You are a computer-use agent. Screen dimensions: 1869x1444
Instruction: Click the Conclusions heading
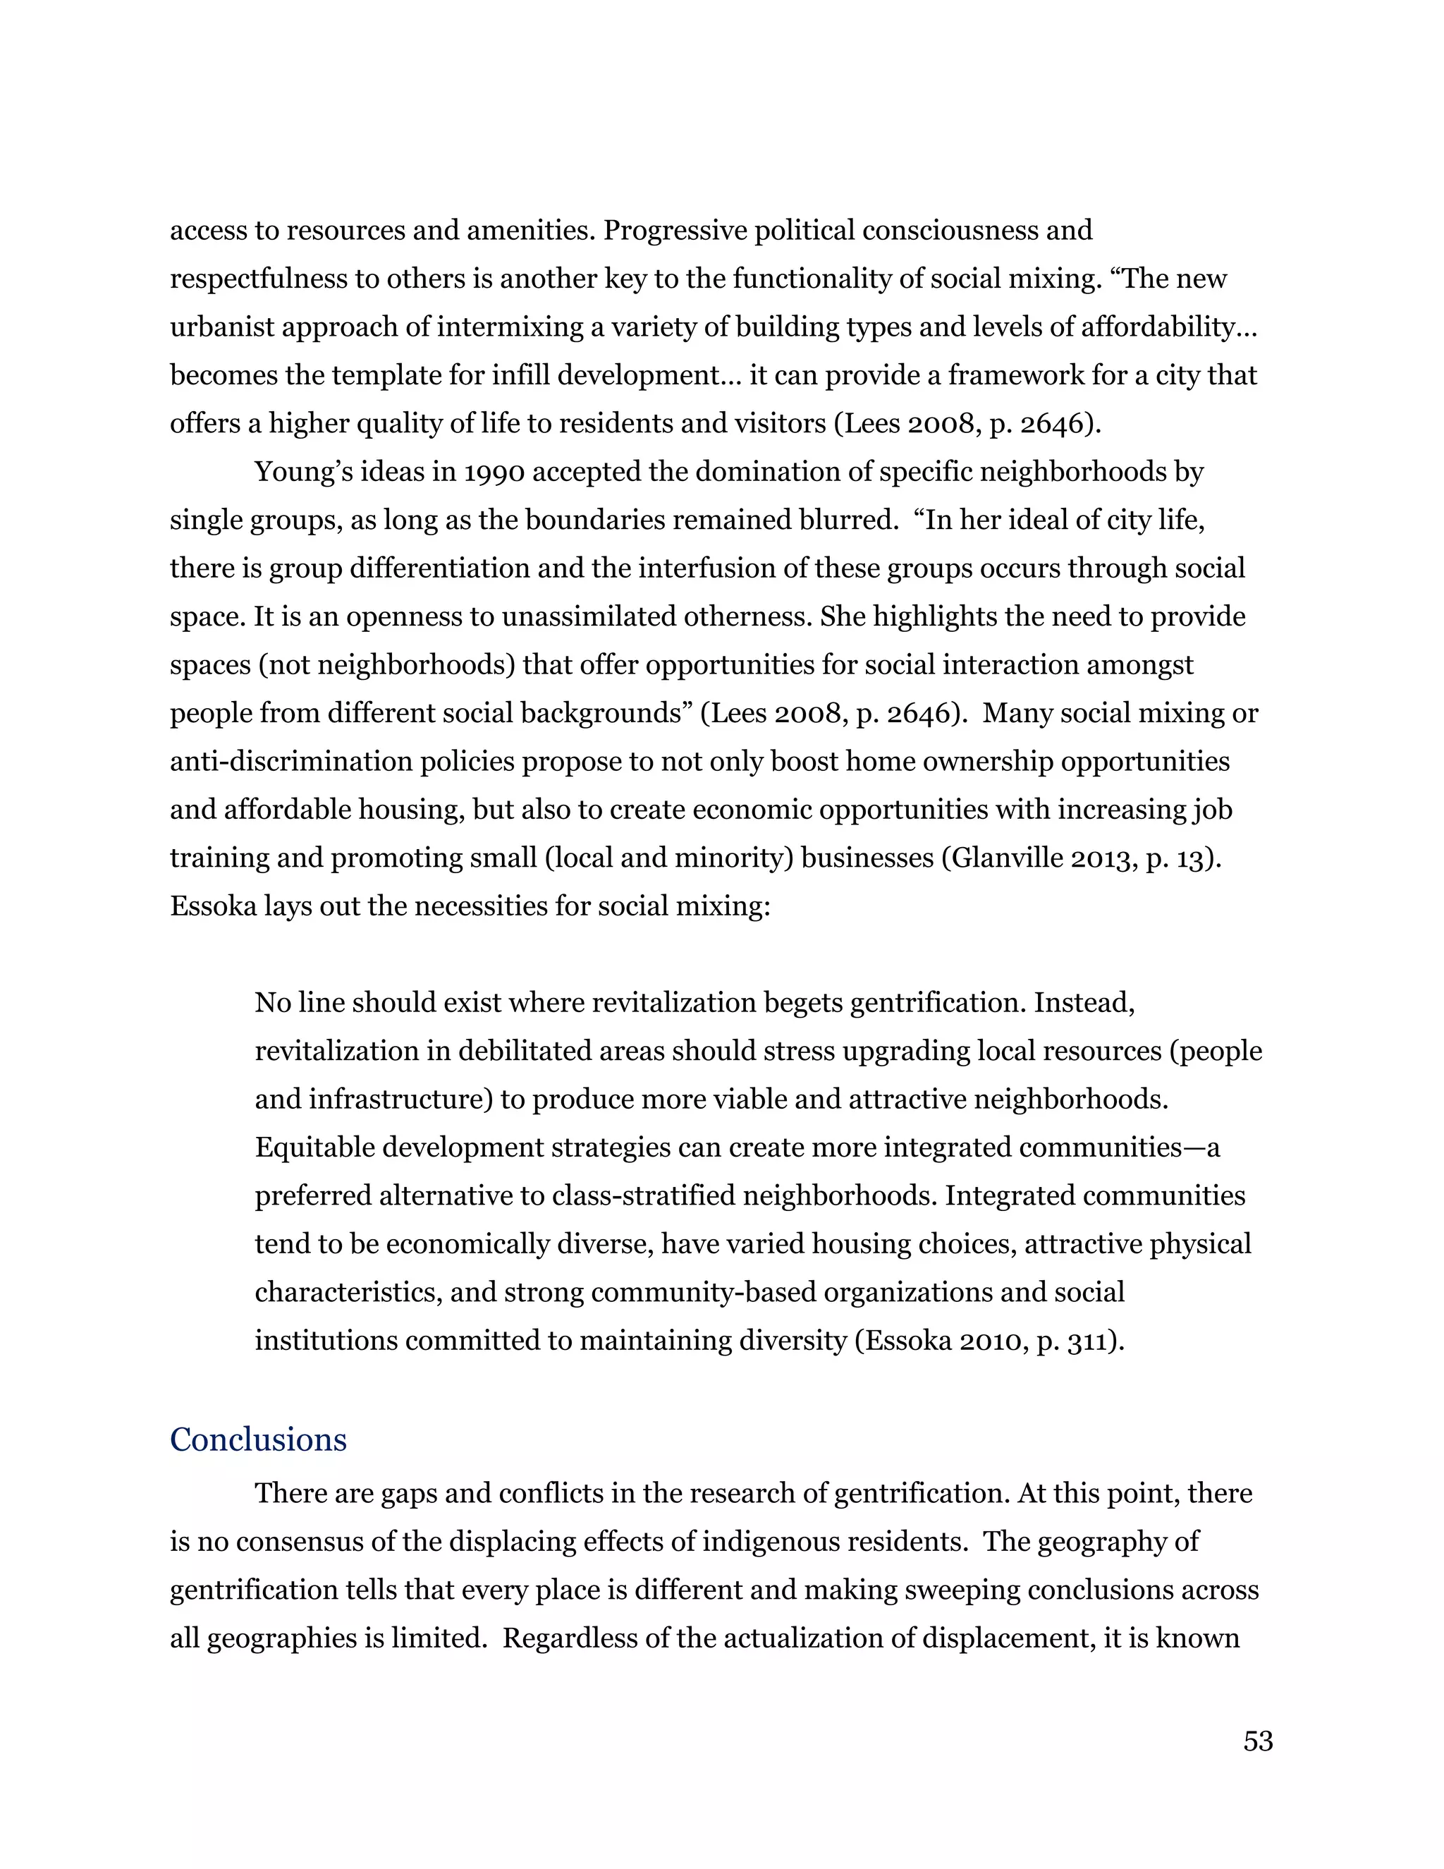258,1440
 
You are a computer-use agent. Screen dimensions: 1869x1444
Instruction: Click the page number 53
1258,1741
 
